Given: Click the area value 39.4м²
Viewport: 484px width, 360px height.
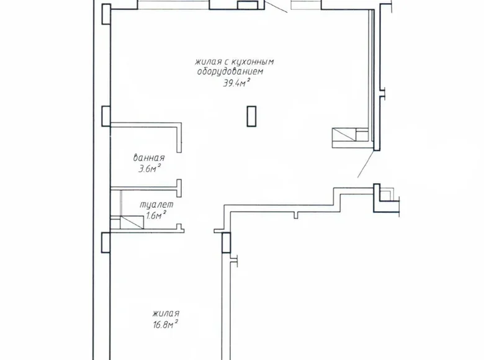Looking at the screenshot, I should tap(236, 83).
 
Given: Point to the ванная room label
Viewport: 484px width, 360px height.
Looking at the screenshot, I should tap(149, 157).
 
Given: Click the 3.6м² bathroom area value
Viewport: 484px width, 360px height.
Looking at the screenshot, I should tap(150, 168).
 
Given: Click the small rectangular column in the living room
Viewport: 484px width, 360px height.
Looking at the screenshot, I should tap(251, 115).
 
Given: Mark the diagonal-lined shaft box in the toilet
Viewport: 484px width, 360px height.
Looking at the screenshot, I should tap(121, 222).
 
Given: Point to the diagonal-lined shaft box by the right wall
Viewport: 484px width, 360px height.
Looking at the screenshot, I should tap(349, 135).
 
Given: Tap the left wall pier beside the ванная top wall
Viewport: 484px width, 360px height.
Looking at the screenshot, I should tap(105, 117).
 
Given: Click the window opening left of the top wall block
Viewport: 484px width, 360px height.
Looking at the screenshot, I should tap(173, 6).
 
